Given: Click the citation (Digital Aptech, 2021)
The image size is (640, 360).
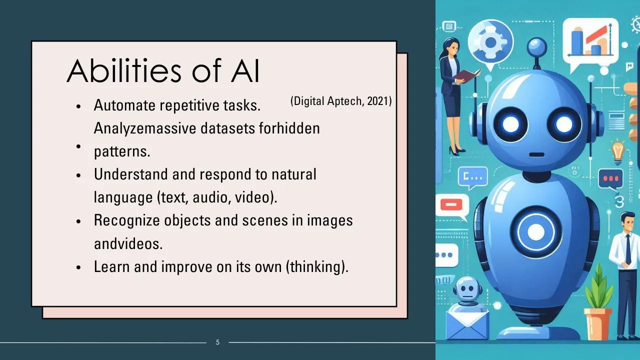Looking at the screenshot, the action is [x=341, y=101].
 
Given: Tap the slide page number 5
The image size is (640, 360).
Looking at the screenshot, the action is [x=217, y=342].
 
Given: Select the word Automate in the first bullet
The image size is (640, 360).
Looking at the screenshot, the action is [x=124, y=105].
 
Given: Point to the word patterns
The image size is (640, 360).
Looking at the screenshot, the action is [x=122, y=151].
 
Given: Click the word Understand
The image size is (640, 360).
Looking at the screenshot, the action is [x=131, y=174].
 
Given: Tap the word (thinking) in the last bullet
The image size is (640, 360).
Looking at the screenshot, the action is [x=317, y=267].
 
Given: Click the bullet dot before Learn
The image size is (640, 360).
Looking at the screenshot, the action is [x=79, y=267].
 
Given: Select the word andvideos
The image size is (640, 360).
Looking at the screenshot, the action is [x=128, y=243].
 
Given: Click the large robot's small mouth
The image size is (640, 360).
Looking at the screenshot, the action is [x=537, y=154].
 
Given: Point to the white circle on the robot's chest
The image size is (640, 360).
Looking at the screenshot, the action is [x=536, y=231].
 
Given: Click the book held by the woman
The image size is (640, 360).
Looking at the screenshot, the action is [x=466, y=75].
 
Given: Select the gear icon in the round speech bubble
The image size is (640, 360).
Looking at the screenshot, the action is [x=490, y=42].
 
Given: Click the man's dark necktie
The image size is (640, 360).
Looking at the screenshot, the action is [x=628, y=249].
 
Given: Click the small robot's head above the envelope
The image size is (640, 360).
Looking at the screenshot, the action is [x=467, y=289].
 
